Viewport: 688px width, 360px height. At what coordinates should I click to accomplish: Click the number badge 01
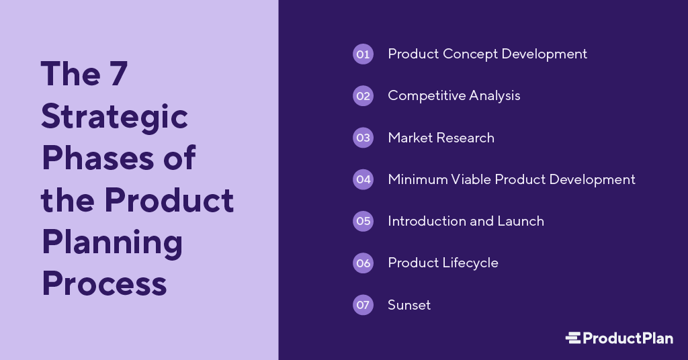pyautogui.click(x=363, y=54)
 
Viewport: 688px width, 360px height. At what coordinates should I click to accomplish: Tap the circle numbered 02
pyautogui.click(x=363, y=96)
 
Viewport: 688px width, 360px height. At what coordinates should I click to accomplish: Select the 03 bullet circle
pyautogui.click(x=363, y=138)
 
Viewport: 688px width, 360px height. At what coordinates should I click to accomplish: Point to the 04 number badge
pyautogui.click(x=363, y=179)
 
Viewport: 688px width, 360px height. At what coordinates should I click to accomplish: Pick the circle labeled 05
pyautogui.click(x=363, y=221)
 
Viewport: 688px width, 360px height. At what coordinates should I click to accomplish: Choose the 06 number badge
pyautogui.click(x=363, y=263)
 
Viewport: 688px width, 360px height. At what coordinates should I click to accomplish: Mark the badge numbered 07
pyautogui.click(x=363, y=305)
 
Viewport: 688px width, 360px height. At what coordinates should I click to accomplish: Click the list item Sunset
pyautogui.click(x=409, y=305)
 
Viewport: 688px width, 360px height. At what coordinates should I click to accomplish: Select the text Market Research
pyautogui.click(x=441, y=138)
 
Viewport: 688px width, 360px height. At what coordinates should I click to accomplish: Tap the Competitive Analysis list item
pyautogui.click(x=454, y=96)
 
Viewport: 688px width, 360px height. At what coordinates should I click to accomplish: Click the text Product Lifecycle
pyautogui.click(x=443, y=263)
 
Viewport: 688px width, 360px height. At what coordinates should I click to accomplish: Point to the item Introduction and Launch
pyautogui.click(x=466, y=221)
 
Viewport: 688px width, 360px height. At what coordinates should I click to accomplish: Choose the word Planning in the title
pyautogui.click(x=112, y=243)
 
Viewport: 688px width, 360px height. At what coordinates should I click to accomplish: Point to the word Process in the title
pyautogui.click(x=104, y=283)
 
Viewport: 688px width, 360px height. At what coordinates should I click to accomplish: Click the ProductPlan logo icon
pyautogui.click(x=573, y=338)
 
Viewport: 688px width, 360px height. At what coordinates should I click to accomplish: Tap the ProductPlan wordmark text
pyautogui.click(x=628, y=338)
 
